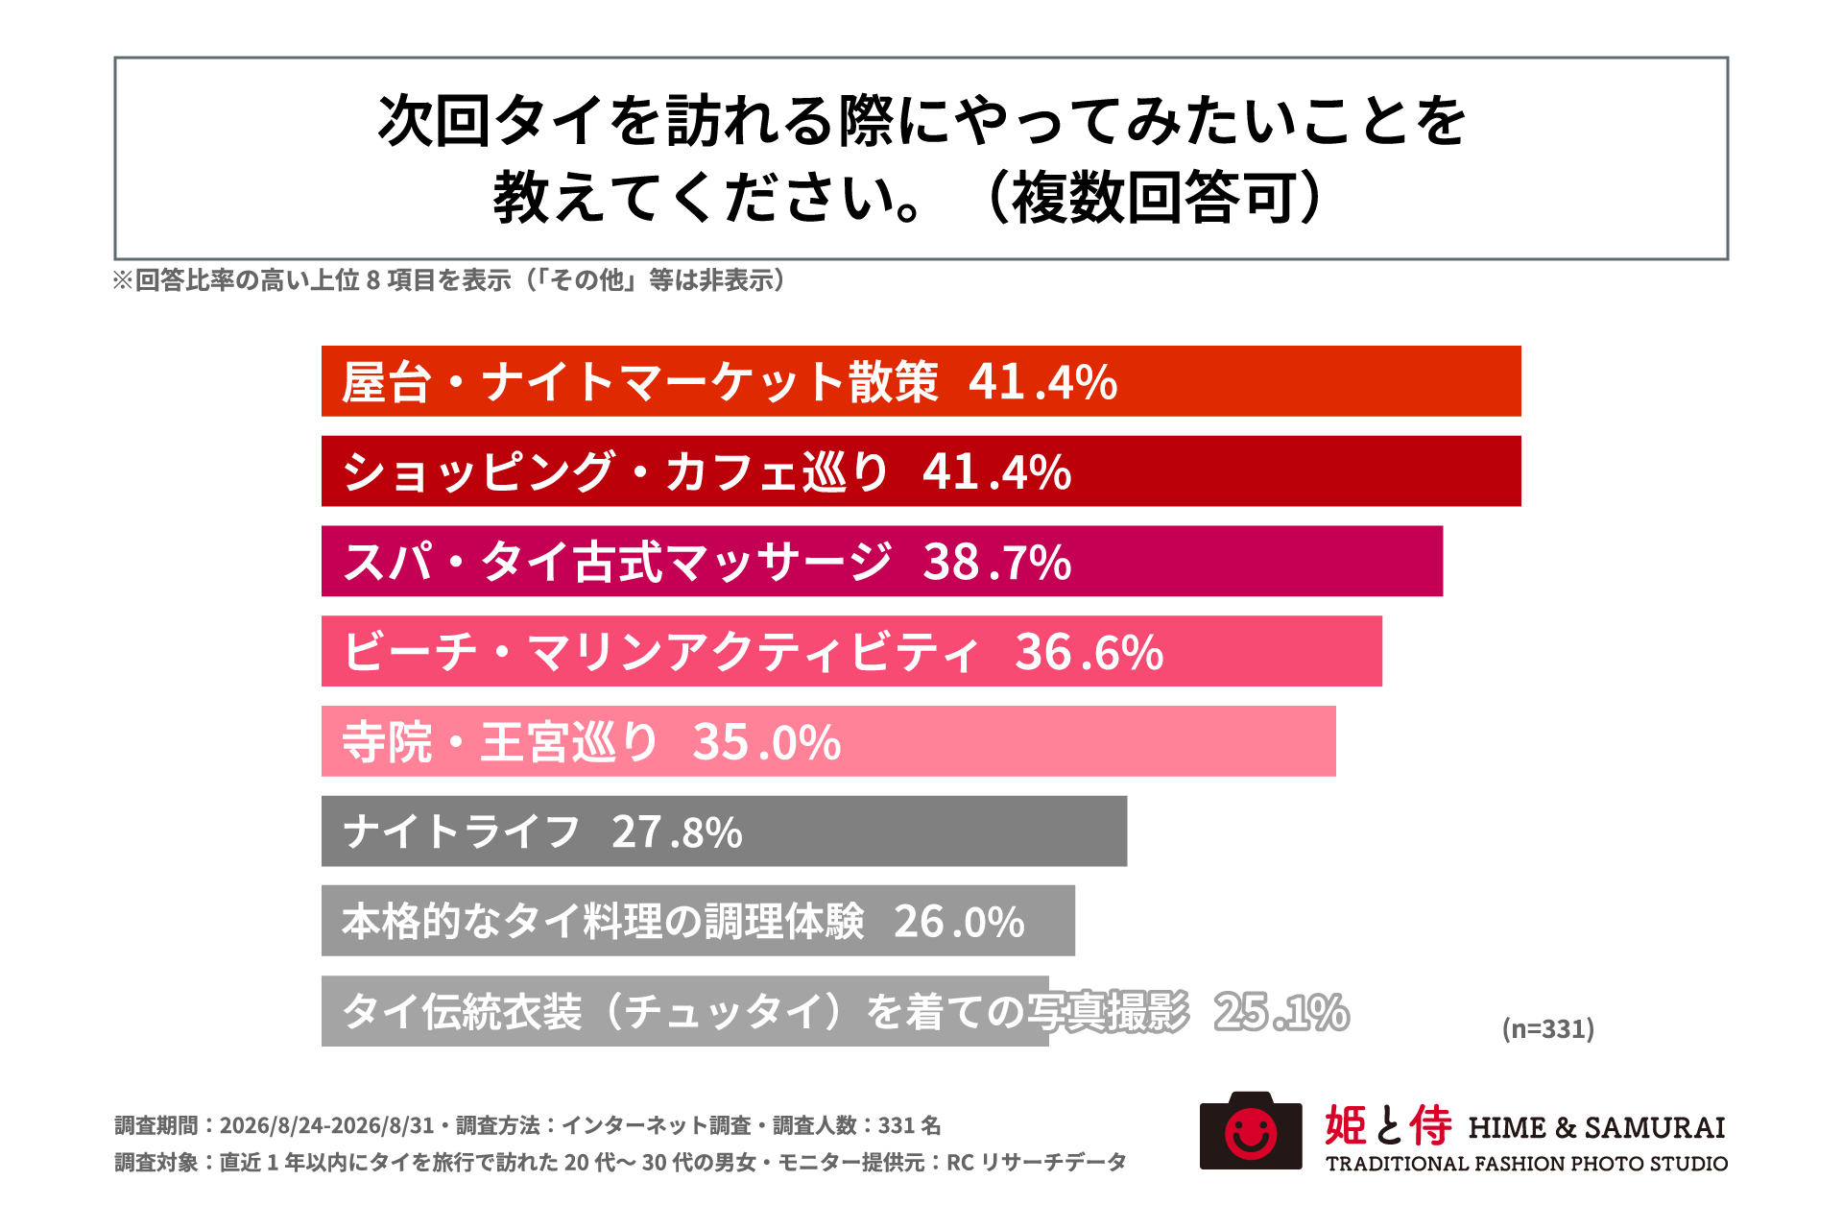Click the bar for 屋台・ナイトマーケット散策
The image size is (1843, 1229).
[921, 381]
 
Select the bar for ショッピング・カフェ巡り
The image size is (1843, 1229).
[921, 471]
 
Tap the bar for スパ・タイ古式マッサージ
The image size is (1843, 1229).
[882, 562]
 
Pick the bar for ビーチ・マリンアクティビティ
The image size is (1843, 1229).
[851, 651]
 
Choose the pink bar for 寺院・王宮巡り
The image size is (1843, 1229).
[828, 741]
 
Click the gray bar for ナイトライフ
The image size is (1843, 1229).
[724, 831]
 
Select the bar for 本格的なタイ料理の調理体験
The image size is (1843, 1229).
[698, 921]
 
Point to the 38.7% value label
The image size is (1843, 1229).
[996, 563]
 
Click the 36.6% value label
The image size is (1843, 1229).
[1089, 653]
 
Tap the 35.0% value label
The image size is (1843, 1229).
[767, 743]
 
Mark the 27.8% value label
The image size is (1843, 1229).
[677, 832]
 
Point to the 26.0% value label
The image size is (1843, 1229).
[959, 923]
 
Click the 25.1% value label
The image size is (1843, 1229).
[1281, 1012]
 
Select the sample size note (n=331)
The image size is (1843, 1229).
[1547, 1029]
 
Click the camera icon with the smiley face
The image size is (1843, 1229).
[1251, 1131]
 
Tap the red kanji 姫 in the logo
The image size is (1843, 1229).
[1346, 1125]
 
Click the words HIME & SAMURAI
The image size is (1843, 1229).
[1596, 1127]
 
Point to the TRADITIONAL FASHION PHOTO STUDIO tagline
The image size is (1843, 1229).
[1526, 1164]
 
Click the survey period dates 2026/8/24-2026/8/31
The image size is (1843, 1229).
[326, 1125]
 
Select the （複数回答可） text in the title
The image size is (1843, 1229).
[1154, 198]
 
